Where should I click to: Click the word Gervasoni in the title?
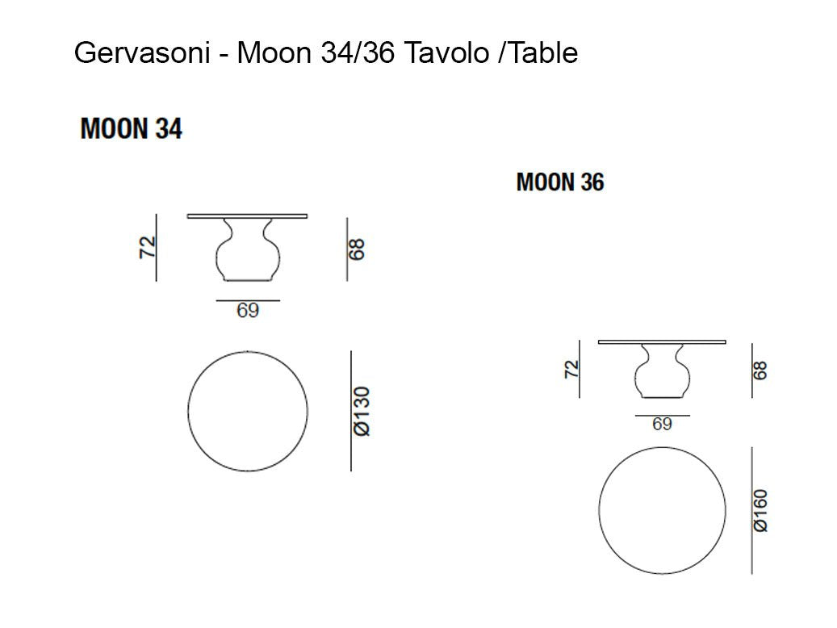(142, 52)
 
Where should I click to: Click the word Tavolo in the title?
(446, 52)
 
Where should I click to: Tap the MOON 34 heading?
(132, 128)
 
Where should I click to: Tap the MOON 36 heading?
(560, 182)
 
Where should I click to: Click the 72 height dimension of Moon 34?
(147, 247)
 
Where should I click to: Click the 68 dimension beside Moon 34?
(356, 249)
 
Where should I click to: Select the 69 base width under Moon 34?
(248, 310)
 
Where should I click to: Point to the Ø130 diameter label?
(362, 411)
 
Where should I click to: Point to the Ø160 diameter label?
(760, 510)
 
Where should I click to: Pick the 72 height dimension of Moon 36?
(571, 369)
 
